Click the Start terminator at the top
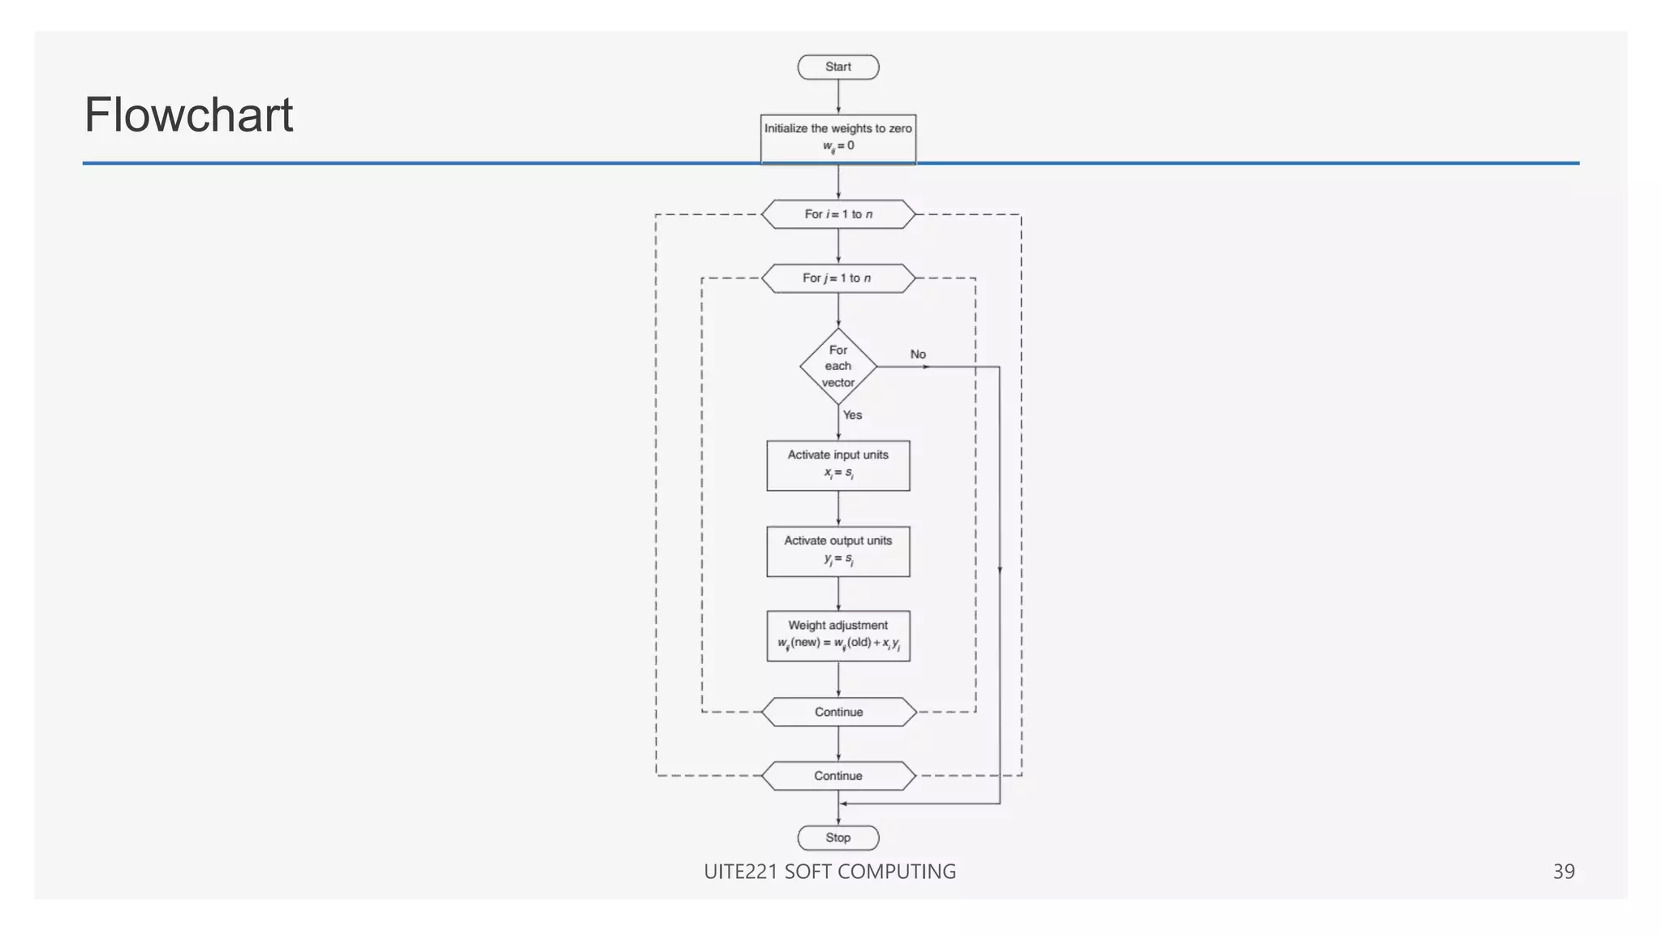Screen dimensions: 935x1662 [x=838, y=67]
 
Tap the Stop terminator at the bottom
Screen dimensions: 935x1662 [x=838, y=838]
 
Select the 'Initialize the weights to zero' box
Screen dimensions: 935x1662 [x=838, y=138]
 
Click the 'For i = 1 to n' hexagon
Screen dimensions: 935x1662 [x=838, y=214]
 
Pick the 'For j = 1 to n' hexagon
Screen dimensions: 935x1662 [x=838, y=278]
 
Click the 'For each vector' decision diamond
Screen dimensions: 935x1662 [x=838, y=366]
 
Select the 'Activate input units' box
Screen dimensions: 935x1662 [x=838, y=465]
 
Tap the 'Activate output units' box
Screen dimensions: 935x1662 [x=838, y=551]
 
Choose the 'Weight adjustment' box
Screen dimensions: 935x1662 [x=838, y=636]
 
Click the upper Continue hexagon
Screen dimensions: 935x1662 [x=838, y=712]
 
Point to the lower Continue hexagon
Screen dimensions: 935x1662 [x=838, y=776]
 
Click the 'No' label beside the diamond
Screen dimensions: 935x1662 [x=918, y=354]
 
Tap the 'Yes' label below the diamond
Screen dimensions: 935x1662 [x=852, y=415]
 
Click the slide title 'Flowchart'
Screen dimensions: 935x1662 [x=188, y=114]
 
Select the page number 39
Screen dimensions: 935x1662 [x=1563, y=872]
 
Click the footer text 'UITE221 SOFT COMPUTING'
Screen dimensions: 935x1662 [x=829, y=872]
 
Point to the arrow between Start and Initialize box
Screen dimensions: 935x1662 [x=838, y=97]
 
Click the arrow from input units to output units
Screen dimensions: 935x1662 [x=838, y=509]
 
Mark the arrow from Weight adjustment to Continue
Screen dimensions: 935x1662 [x=838, y=679]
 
